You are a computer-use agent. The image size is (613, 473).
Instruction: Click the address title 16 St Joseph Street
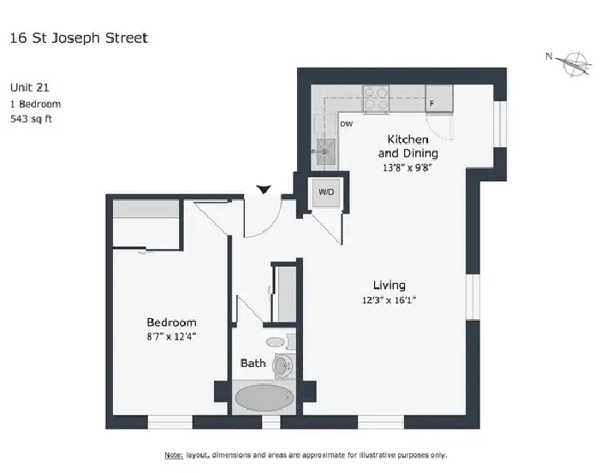coord(79,38)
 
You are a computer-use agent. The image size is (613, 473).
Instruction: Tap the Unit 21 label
coord(30,87)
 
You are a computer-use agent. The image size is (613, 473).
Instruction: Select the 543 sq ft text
coord(32,119)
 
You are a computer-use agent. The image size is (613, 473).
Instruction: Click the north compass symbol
coord(571,63)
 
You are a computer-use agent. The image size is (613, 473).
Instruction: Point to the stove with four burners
coord(376,98)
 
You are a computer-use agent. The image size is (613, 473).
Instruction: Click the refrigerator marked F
coord(439,98)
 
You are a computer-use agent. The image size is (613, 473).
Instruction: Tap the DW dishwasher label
coord(346,124)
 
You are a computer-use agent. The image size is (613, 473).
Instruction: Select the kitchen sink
coord(325,151)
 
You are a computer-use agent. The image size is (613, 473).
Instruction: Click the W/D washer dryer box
coord(326,192)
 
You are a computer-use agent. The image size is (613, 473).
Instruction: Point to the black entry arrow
coord(264,189)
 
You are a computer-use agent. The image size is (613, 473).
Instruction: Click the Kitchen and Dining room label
coord(408,146)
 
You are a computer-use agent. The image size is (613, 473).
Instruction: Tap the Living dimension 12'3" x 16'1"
coord(389,300)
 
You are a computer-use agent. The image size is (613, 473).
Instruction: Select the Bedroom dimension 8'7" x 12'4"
coord(171,336)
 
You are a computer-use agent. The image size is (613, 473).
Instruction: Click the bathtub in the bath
coord(265,398)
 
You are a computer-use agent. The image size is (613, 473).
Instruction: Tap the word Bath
coord(253,364)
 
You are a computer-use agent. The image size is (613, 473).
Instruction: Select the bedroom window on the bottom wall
coord(170,423)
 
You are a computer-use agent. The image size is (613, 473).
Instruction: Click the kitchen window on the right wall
coord(500,124)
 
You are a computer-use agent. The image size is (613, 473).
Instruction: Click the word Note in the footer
coord(174,455)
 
